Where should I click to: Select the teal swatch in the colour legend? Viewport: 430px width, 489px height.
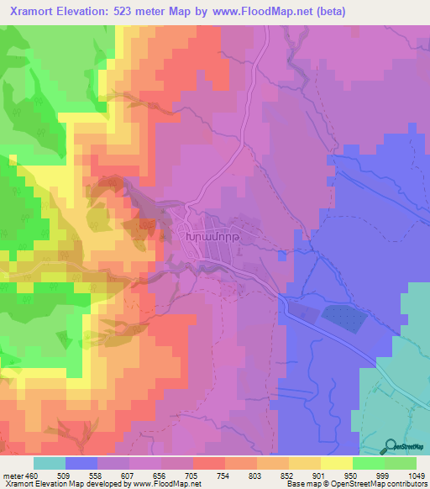point(50,462)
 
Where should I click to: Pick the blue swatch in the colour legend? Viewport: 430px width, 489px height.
point(81,462)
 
